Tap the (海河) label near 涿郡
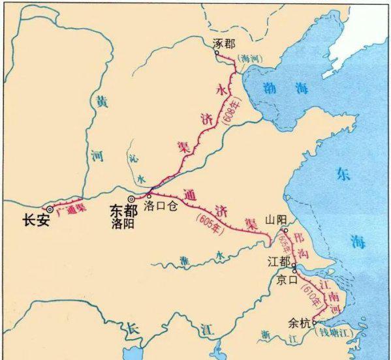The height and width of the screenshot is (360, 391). [250, 59]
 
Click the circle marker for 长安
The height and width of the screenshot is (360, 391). [50, 209]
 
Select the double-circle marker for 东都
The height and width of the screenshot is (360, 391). [131, 198]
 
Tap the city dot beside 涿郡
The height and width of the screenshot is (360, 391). [217, 53]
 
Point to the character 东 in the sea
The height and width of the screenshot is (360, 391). [343, 173]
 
